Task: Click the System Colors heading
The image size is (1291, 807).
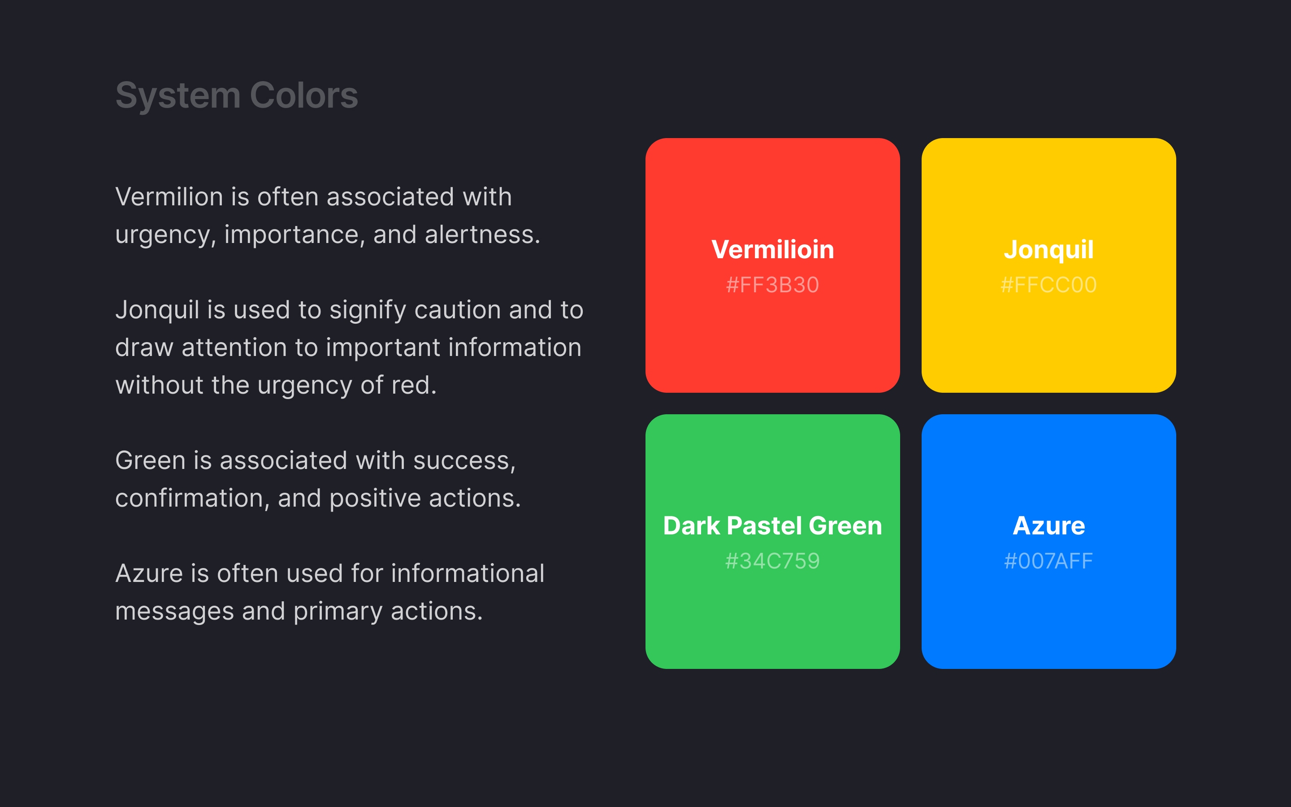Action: [237, 96]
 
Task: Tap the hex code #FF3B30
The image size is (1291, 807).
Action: [772, 285]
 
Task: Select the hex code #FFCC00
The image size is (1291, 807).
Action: [1049, 285]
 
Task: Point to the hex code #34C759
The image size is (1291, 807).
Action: [772, 561]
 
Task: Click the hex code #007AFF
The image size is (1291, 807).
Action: [1049, 561]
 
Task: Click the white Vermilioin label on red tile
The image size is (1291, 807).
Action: [772, 250]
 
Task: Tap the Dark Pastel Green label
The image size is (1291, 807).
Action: [772, 526]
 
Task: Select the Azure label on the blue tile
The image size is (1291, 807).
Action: [1049, 526]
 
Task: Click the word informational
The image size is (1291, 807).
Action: [468, 574]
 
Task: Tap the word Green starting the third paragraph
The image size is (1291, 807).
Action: [150, 460]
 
